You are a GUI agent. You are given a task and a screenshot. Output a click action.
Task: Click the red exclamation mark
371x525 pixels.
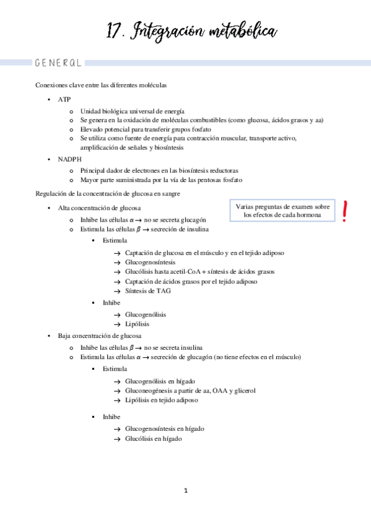tap(344, 210)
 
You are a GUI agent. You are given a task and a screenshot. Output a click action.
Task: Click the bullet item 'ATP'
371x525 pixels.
tap(64, 99)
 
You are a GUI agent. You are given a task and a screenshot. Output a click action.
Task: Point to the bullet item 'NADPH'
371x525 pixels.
tap(69, 159)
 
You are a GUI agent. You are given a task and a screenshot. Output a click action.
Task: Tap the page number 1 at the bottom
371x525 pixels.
tap(185, 491)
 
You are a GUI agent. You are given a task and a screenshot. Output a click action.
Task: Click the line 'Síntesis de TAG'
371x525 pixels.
tap(147, 291)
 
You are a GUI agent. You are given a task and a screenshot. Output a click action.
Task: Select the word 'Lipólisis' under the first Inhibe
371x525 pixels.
tap(137, 324)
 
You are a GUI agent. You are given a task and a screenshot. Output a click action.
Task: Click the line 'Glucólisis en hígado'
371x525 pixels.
tap(153, 438)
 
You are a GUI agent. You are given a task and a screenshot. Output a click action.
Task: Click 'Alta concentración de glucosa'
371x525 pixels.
tap(100, 208)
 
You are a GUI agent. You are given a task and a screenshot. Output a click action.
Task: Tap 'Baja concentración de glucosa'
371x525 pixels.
tap(100, 336)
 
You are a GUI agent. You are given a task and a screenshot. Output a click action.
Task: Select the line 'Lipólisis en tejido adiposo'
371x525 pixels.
tap(161, 400)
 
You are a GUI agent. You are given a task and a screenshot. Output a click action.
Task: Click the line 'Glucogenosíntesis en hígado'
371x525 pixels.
tap(164, 428)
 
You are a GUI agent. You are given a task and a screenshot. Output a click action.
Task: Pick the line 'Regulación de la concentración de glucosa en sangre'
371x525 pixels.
tap(108, 194)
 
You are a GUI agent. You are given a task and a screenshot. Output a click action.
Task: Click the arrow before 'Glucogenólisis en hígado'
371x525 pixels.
tap(117, 381)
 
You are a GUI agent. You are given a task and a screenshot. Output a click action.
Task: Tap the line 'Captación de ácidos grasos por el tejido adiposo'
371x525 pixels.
tap(191, 282)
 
